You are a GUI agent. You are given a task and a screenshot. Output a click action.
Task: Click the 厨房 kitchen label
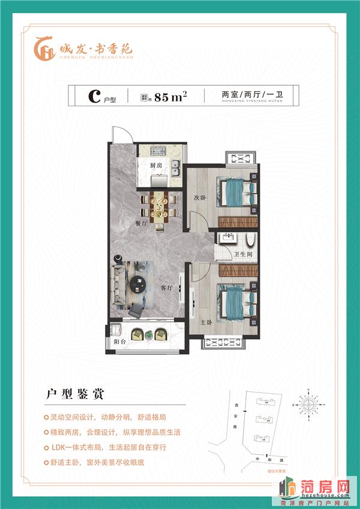[157, 165]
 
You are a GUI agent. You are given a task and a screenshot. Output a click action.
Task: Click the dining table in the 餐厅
[159, 206]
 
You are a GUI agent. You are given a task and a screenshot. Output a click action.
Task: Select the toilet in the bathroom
[251, 241]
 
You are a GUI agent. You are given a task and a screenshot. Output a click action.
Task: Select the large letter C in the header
[93, 96]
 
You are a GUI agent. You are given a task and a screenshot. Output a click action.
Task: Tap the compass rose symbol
[312, 399]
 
